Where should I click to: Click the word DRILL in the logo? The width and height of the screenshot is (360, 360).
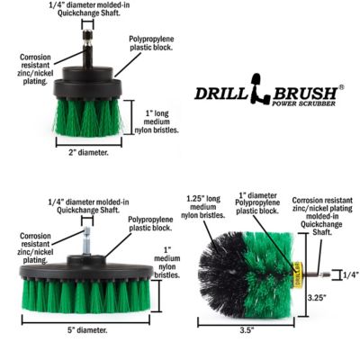point(221,93)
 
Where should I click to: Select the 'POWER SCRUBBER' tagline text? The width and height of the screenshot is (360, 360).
point(302,106)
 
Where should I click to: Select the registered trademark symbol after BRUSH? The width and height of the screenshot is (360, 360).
point(340,87)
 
